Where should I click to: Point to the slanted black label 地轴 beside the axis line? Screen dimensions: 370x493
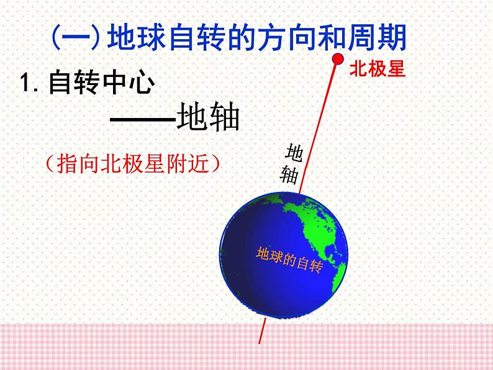[x=291, y=163]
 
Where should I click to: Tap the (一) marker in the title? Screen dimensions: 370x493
[x=74, y=39]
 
